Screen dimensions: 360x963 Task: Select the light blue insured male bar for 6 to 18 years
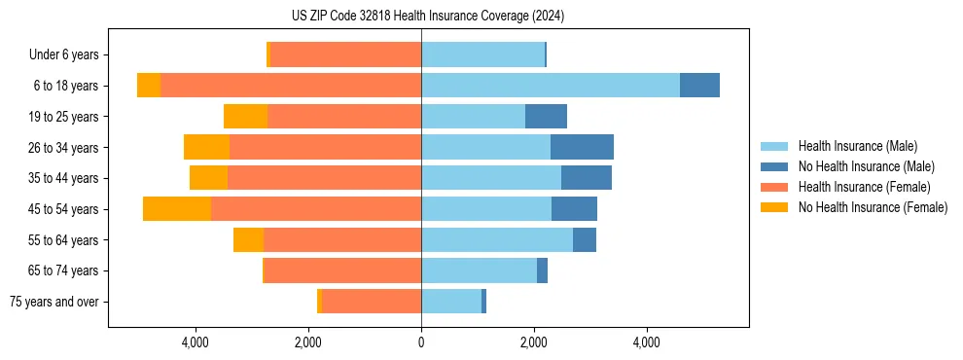pyautogui.click(x=550, y=86)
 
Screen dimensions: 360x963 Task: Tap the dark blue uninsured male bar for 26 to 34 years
pyautogui.click(x=582, y=147)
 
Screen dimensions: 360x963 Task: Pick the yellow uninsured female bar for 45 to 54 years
pyautogui.click(x=177, y=209)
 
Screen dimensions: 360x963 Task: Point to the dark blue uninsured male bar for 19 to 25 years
pyautogui.click(x=546, y=117)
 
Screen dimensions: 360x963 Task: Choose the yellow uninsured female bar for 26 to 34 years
pyautogui.click(x=206, y=147)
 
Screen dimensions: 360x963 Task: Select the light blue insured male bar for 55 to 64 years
pyautogui.click(x=497, y=239)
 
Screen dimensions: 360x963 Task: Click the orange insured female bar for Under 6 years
pyautogui.click(x=345, y=54)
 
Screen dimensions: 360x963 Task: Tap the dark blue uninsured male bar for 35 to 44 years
pyautogui.click(x=587, y=178)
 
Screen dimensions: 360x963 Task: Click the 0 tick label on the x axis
pyautogui.click(x=421, y=342)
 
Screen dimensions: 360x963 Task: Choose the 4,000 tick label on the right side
pyautogui.click(x=647, y=342)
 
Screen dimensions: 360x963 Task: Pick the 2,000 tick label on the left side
pyautogui.click(x=308, y=342)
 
